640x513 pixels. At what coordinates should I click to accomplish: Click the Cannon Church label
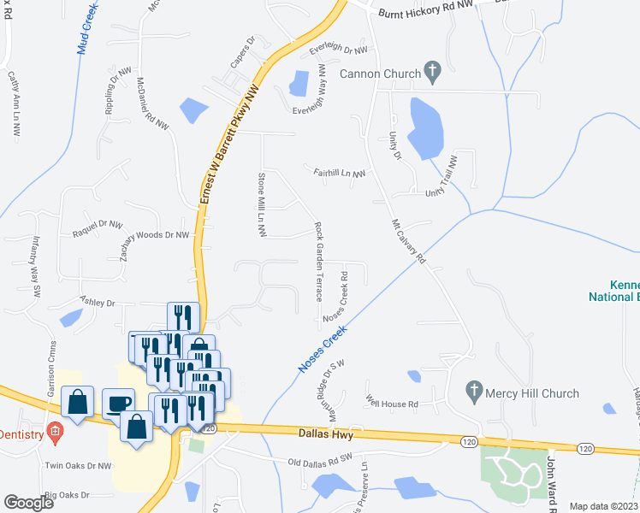380,74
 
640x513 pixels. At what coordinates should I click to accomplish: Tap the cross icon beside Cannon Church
432,72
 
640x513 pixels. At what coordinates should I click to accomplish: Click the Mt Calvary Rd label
408,242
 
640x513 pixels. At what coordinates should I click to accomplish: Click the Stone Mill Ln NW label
262,205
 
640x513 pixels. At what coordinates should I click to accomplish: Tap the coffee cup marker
117,403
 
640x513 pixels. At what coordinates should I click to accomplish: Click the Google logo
28,503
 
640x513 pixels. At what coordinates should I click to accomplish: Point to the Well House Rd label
392,403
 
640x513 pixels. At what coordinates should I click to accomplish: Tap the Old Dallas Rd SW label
321,460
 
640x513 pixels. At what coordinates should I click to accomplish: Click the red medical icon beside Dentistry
55,432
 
